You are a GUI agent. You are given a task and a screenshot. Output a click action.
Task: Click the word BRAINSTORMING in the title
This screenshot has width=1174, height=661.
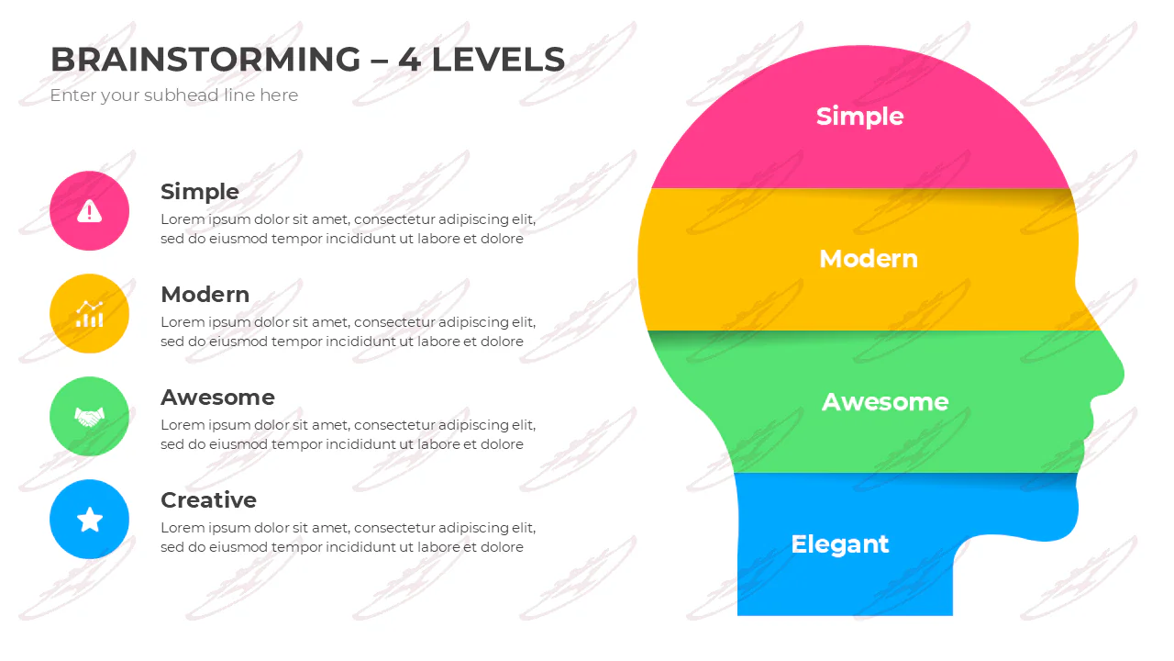tap(205, 60)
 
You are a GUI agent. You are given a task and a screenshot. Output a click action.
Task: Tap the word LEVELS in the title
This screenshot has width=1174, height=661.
tap(498, 60)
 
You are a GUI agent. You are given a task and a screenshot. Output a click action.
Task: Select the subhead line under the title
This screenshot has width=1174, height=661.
tap(174, 95)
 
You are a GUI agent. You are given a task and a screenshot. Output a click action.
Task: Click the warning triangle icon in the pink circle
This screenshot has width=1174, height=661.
tap(89, 211)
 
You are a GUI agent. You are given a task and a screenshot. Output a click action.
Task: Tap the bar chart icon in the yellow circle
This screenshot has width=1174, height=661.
tap(89, 314)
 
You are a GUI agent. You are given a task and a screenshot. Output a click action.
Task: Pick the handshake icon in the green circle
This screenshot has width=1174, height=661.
tap(89, 417)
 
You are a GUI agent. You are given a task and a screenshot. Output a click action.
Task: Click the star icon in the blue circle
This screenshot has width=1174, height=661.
tap(90, 520)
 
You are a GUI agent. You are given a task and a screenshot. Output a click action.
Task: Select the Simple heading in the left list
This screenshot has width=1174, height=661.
tap(200, 192)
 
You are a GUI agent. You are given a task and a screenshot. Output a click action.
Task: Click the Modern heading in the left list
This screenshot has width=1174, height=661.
tap(205, 295)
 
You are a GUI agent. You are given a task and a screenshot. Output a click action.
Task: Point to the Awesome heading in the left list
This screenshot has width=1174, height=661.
tap(217, 398)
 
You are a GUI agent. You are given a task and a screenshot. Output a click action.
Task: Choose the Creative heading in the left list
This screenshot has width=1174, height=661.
tap(208, 500)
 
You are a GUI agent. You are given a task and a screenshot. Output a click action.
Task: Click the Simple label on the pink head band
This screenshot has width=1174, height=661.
tap(859, 117)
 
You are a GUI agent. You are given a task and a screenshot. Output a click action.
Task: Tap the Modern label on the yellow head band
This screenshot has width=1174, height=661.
tap(869, 259)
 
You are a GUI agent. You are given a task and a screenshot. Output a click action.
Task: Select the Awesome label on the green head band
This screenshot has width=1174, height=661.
tap(885, 402)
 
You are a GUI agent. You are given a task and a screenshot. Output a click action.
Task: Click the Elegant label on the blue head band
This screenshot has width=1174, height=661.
tap(839, 544)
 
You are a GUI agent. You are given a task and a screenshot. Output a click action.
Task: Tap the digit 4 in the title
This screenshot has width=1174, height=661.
tap(409, 60)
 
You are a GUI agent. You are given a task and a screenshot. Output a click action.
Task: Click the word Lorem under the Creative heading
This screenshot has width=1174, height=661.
tap(182, 528)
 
